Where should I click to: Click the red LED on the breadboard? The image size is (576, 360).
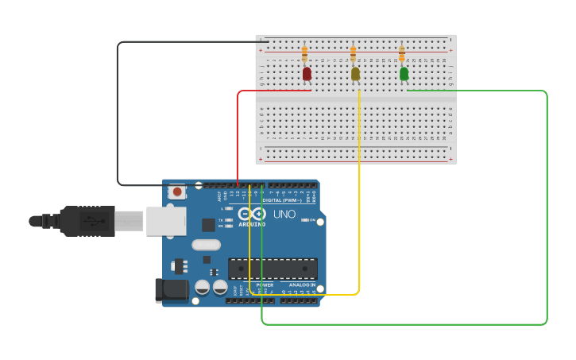(307, 73)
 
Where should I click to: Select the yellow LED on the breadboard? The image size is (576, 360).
(355, 73)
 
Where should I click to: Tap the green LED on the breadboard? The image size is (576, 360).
(404, 73)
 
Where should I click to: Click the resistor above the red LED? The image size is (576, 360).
(304, 53)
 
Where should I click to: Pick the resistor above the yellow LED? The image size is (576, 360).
(353, 53)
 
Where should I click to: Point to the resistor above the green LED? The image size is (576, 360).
(401, 53)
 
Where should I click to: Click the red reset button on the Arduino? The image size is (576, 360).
(177, 192)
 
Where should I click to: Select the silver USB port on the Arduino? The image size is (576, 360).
(166, 221)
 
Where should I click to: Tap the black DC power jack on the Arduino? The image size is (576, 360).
(172, 290)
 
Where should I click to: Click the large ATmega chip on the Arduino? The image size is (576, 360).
(273, 269)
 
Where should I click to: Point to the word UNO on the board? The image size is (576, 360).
(284, 215)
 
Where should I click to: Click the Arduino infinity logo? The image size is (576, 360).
(252, 214)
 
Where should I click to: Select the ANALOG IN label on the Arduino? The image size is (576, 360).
(301, 285)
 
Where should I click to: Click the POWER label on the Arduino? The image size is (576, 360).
(265, 285)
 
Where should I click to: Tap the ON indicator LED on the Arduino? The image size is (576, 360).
(305, 220)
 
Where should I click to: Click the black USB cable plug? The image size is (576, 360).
(87, 221)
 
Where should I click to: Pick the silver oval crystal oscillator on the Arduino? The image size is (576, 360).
(206, 245)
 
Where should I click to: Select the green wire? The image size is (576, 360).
(547, 207)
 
